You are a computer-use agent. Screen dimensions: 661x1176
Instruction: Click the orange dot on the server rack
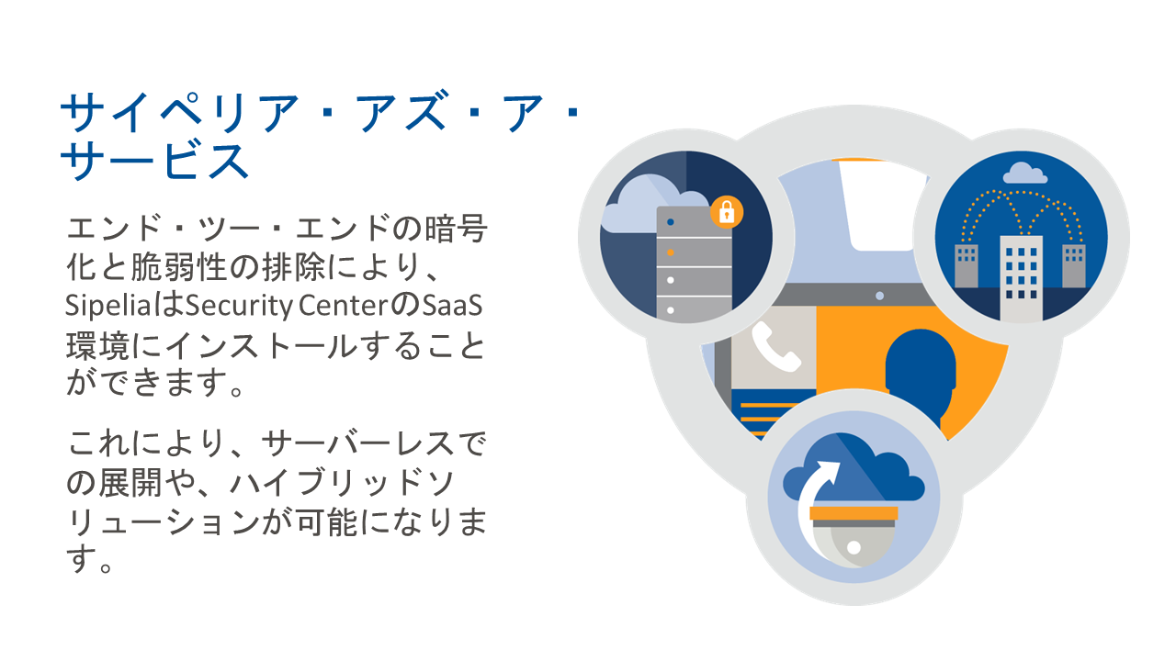pos(671,251)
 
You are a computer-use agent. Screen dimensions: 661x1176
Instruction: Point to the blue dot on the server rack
pos(671,222)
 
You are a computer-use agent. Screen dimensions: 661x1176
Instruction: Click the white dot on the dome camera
pos(854,547)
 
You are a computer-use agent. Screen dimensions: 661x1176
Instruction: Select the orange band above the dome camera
pos(854,512)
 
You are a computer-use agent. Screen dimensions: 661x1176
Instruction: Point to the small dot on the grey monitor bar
pos(879,296)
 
